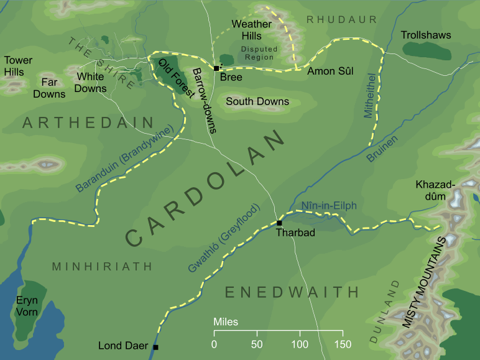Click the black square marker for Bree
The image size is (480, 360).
tap(216, 68)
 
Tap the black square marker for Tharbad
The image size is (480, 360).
tap(279, 223)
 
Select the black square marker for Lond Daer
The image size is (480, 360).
tap(155, 347)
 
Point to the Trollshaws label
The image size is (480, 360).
tap(426, 35)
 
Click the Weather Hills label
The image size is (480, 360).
tap(252, 29)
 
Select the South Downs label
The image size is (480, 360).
tap(257, 101)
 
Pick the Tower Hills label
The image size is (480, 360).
tap(18, 67)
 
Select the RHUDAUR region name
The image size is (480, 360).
tap(342, 20)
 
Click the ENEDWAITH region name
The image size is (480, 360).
tap(292, 292)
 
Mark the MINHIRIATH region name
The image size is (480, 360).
tap(102, 267)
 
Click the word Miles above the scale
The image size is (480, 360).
tap(225, 323)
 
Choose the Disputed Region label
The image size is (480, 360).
tap(259, 53)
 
